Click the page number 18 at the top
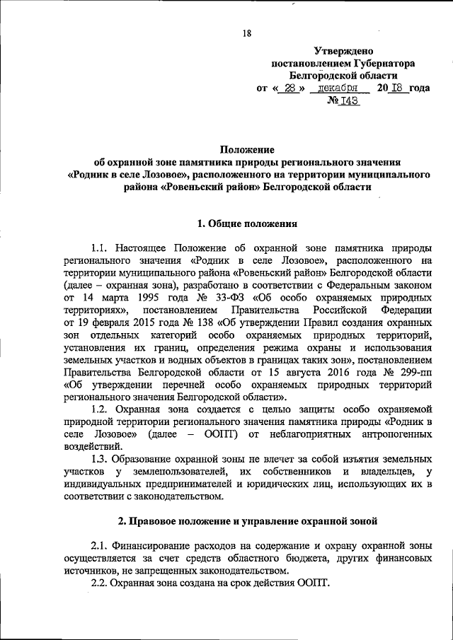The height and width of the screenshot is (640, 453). click(x=247, y=33)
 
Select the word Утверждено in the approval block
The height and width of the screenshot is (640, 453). click(x=343, y=50)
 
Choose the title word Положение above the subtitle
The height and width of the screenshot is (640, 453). click(x=246, y=149)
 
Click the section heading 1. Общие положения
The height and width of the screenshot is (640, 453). click(x=246, y=223)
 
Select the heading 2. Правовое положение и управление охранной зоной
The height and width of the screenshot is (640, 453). click(x=246, y=522)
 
